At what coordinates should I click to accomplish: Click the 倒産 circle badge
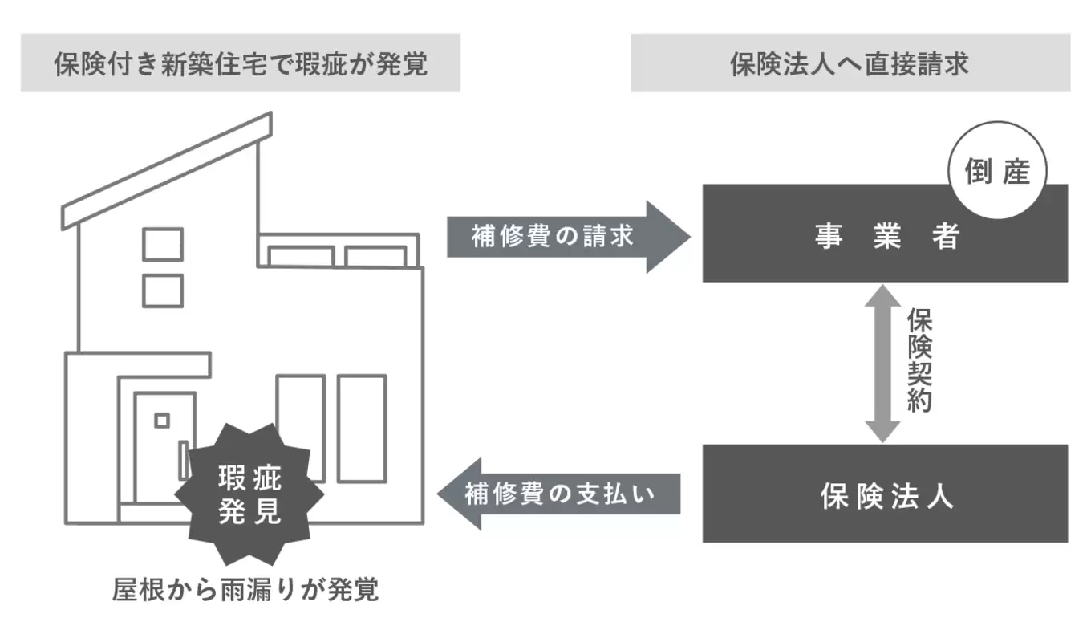click(997, 171)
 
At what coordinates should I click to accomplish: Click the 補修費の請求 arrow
click(566, 237)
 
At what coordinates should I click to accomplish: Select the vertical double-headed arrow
click(882, 363)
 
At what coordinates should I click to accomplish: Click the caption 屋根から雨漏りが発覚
click(245, 590)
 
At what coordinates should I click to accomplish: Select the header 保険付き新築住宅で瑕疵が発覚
click(241, 63)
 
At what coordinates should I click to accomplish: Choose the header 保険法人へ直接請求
click(850, 63)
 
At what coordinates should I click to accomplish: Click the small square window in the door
click(162, 420)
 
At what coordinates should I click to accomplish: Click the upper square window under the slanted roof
click(163, 244)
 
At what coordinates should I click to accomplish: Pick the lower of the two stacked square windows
click(163, 291)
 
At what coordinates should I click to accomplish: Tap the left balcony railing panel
click(301, 257)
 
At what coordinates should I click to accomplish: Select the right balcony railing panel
click(375, 257)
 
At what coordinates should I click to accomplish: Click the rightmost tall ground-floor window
click(361, 428)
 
